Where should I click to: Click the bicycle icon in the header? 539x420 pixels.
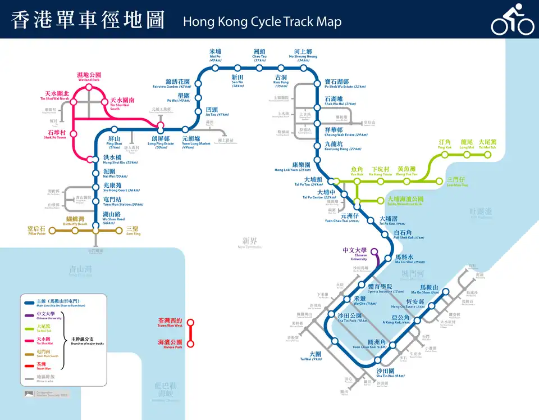click(512, 20)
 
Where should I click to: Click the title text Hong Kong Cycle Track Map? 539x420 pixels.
click(262, 22)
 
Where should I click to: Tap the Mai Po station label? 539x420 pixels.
click(216, 55)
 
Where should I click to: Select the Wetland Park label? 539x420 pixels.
click(89, 76)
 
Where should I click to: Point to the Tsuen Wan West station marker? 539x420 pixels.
click(190, 323)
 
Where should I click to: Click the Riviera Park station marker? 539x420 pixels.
click(190, 344)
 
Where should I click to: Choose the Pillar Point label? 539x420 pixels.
click(36, 231)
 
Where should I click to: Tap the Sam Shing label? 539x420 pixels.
click(133, 231)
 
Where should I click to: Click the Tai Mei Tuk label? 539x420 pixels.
click(487, 144)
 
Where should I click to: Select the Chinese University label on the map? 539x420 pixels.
click(355, 253)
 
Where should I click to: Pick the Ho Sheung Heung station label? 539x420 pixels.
click(303, 54)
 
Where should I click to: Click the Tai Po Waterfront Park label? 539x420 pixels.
click(405, 201)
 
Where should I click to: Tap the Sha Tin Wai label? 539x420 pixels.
click(387, 374)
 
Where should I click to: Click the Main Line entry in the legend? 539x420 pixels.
click(62, 303)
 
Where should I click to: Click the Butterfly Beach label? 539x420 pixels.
click(74, 221)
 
